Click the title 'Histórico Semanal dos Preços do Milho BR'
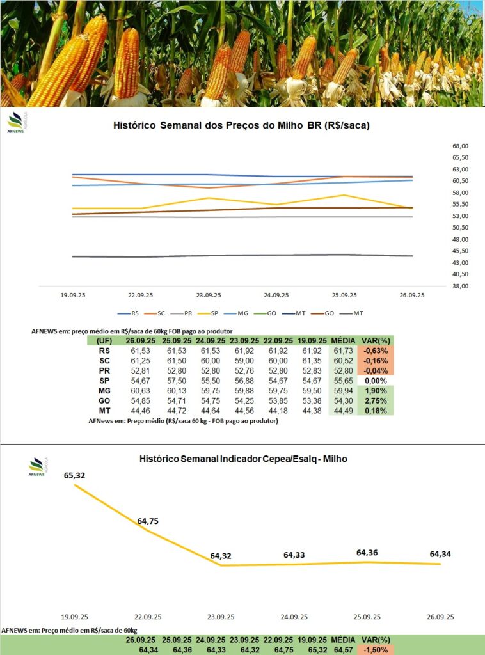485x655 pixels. (241, 126)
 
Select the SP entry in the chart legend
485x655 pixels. (212, 313)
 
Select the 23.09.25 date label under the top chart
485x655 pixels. (209, 296)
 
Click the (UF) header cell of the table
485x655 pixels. (104, 341)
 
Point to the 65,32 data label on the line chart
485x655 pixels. (75, 475)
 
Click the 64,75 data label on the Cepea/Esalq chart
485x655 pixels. (148, 521)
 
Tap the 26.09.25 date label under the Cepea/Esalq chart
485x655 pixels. (441, 617)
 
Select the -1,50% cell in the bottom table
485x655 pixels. (376, 650)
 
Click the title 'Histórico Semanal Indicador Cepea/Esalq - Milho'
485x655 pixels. (243, 459)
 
